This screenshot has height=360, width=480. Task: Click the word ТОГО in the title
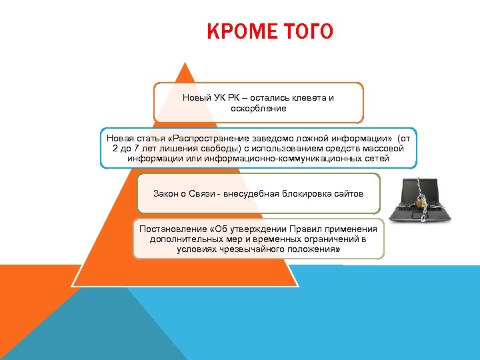click(x=309, y=31)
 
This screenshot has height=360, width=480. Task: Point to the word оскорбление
click(x=259, y=108)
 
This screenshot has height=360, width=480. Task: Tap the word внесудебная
click(x=257, y=193)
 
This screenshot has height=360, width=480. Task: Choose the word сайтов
click(x=349, y=193)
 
